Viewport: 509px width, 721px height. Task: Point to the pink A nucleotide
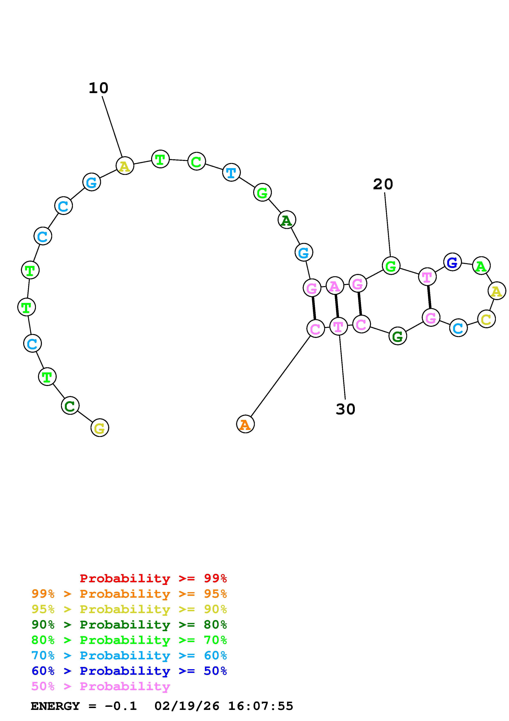click(x=335, y=286)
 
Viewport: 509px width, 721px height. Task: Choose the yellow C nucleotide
click(x=486, y=319)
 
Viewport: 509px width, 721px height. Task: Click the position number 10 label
click(x=99, y=88)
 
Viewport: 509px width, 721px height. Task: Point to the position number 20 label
click(x=383, y=184)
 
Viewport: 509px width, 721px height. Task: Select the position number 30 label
click(x=345, y=409)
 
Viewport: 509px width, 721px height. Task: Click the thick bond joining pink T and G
click(x=429, y=297)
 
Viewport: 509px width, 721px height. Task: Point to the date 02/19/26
click(x=187, y=706)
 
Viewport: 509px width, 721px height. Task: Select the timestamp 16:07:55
click(x=260, y=706)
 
